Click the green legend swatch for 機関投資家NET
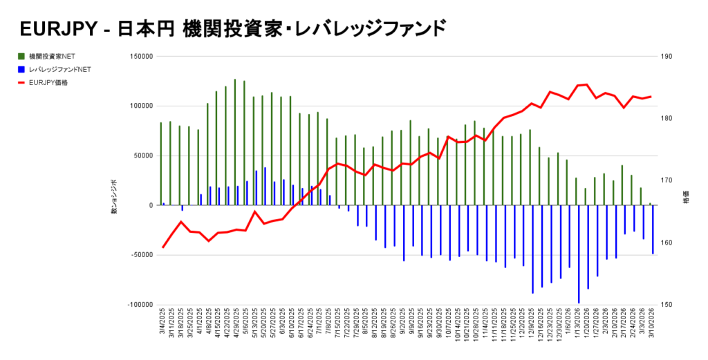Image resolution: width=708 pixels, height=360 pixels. tap(22, 55)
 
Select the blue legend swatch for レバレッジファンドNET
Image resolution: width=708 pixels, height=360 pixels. tap(22, 69)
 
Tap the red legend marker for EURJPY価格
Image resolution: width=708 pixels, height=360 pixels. tap(22, 83)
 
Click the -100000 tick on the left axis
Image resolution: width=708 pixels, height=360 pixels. tap(139, 305)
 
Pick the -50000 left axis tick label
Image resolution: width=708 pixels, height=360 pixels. tap(141, 255)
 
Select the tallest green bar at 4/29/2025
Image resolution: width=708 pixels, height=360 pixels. tap(235, 142)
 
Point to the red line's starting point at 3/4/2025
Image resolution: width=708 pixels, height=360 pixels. tap(163, 247)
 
